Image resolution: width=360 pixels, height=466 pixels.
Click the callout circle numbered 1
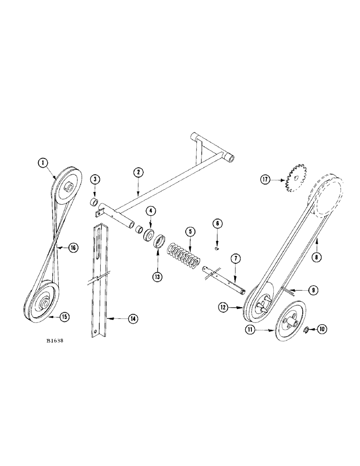coord(43,163)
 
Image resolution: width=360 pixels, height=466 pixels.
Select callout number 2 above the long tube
coord(138,172)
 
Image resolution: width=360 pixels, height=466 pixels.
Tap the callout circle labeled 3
coord(95,179)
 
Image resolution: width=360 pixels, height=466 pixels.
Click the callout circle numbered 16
coord(73,249)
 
